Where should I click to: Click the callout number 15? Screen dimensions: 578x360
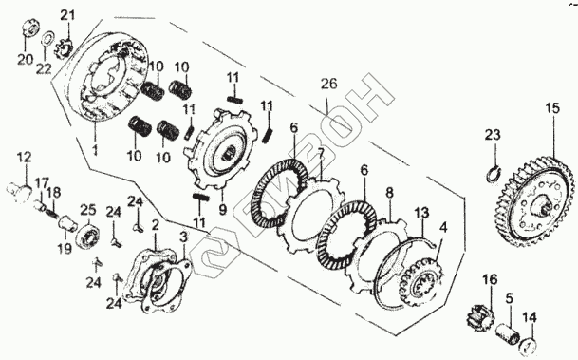click(x=553, y=108)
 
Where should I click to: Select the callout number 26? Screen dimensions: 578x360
click(x=328, y=84)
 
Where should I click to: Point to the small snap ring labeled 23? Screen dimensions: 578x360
click(x=493, y=174)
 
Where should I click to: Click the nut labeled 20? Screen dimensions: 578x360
click(x=29, y=28)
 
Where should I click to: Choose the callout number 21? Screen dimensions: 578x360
click(x=67, y=15)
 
